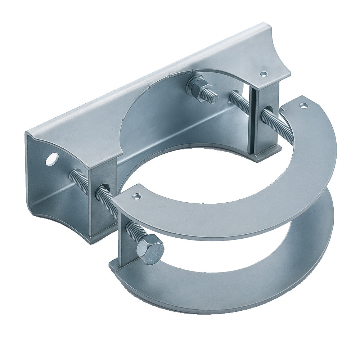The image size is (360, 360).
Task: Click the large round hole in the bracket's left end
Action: pos(52,159)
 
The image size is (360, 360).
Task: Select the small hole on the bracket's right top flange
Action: pos(265,74)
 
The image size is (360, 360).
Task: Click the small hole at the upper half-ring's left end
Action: pos(136,196)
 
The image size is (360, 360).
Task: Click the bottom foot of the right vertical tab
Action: pos(266,153)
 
